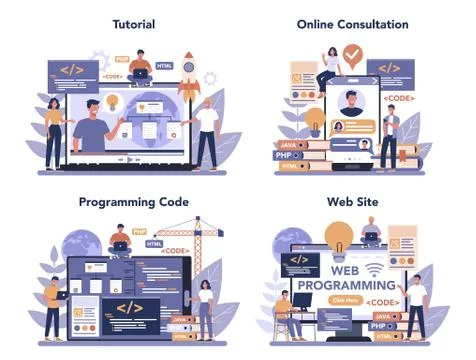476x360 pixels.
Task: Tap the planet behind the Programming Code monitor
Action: [78, 248]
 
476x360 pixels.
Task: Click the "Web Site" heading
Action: [352, 202]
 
